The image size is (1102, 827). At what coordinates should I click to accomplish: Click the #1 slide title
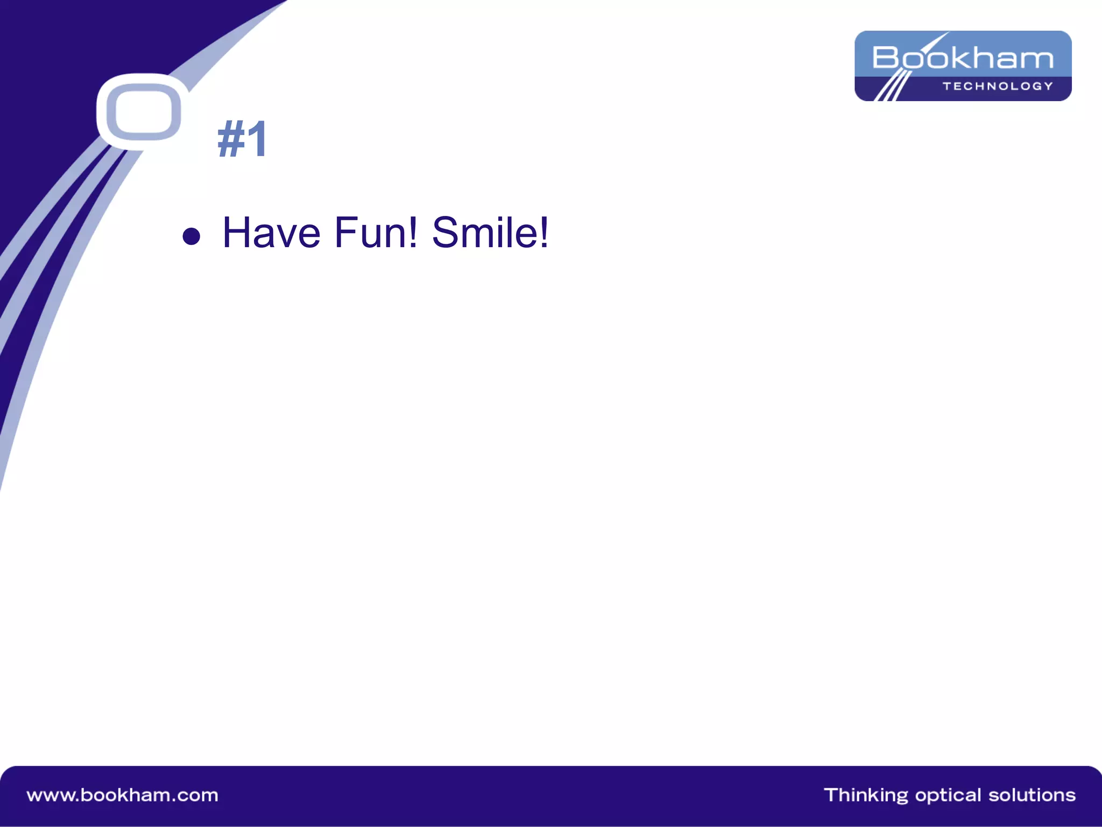point(242,139)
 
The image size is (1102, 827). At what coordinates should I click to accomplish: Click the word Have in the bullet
point(271,233)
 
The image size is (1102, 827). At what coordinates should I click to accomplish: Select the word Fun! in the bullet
point(376,233)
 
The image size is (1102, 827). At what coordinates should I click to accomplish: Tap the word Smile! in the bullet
point(490,233)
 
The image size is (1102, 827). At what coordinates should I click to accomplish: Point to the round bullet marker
point(191,236)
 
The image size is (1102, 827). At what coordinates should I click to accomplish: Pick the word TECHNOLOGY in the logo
point(998,86)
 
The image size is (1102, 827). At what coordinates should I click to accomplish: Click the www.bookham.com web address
point(123,795)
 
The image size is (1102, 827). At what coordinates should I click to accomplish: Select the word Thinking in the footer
point(865,795)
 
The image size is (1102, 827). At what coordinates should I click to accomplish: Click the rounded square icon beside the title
point(143,112)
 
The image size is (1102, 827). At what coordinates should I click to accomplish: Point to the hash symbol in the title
point(231,139)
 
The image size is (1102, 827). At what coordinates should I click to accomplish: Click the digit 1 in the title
point(257,139)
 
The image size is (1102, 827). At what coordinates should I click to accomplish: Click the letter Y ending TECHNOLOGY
point(1048,86)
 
